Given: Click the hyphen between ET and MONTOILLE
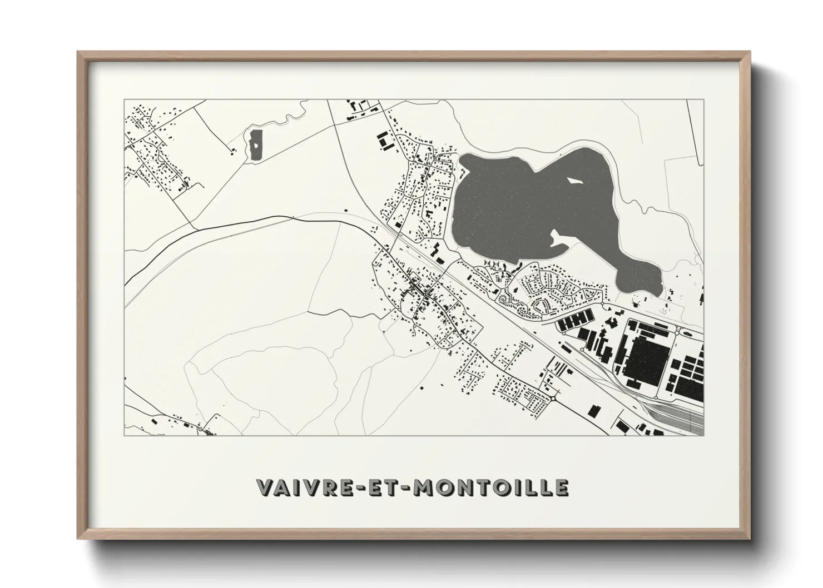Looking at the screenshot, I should (x=412, y=488).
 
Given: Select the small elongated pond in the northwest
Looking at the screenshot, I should (x=256, y=145).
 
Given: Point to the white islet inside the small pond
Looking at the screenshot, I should (x=256, y=144).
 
